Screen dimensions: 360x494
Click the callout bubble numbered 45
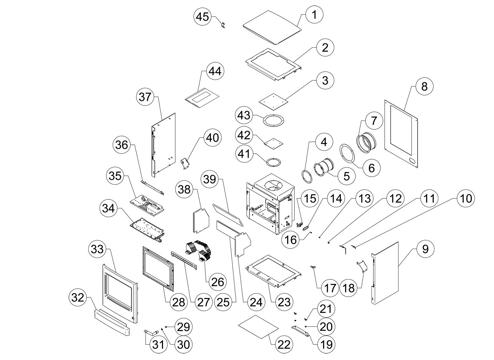click(x=203, y=16)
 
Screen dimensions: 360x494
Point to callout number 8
click(x=424, y=86)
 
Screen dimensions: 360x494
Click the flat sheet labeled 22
click(x=258, y=326)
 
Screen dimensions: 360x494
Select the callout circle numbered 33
click(x=97, y=250)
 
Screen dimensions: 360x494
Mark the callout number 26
click(x=217, y=282)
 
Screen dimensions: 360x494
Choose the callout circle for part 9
click(x=425, y=249)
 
